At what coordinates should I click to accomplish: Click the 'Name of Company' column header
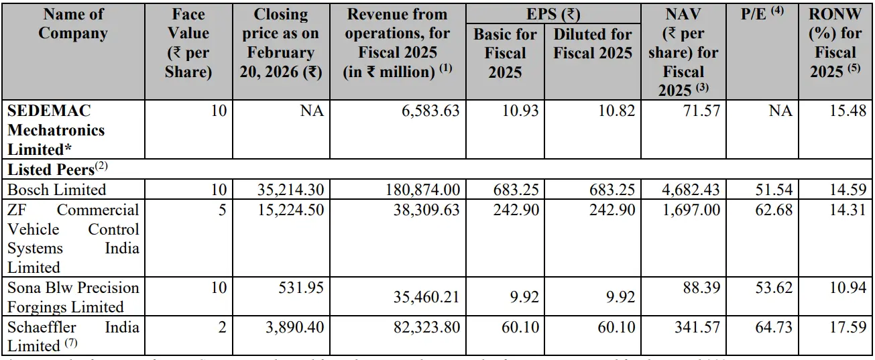73,24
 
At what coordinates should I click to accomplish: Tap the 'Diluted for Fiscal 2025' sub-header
593,44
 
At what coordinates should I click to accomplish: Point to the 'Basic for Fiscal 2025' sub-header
505,53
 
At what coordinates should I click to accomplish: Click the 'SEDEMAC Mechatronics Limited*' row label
56,129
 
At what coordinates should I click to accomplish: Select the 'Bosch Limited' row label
57,190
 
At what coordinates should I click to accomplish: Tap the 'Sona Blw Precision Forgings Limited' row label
73,297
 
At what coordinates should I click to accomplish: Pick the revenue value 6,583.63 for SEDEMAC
426,111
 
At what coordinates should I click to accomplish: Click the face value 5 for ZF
222,210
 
